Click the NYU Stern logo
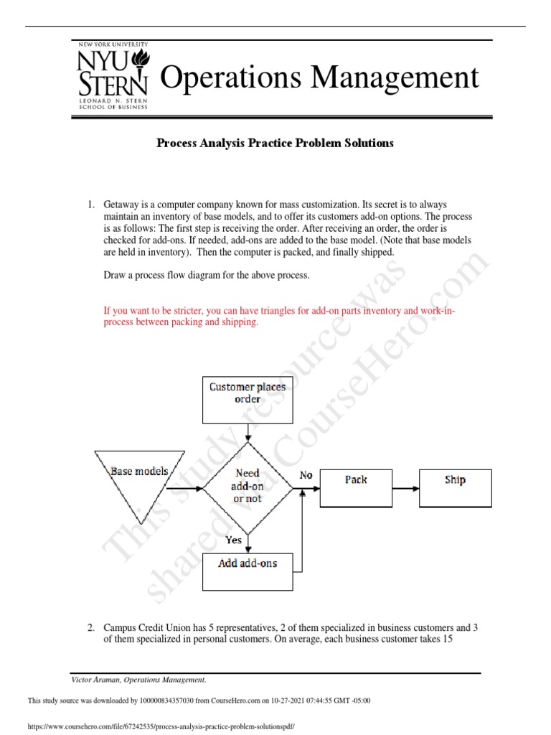[113, 77]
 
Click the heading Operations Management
[319, 78]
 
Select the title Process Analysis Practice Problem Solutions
[275, 143]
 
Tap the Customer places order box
[248, 399]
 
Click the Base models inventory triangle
[140, 480]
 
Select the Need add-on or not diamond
[248, 486]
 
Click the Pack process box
[356, 488]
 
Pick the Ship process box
[455, 488]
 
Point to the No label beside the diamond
[306, 475]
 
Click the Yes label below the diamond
[234, 540]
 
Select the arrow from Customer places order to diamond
[248, 433]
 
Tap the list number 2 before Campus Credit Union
[91, 627]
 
